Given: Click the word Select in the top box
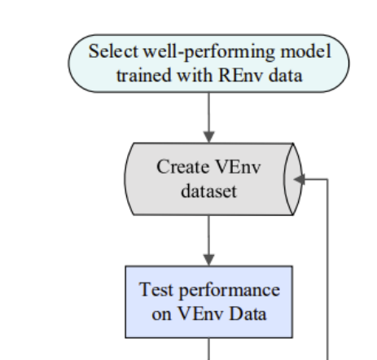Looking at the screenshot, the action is pyautogui.click(x=113, y=51).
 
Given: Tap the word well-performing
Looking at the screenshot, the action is pyautogui.click(x=209, y=52).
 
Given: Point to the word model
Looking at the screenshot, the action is pyautogui.click(x=306, y=51).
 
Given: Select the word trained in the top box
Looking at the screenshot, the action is pyautogui.click(x=144, y=75).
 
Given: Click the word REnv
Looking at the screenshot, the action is pyautogui.click(x=241, y=75).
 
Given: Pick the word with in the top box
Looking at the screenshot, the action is pyautogui.click(x=195, y=75).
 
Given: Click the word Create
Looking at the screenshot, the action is pyautogui.click(x=182, y=167).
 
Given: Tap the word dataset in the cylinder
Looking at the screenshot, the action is pyautogui.click(x=209, y=191).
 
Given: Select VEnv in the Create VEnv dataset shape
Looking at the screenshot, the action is pyautogui.click(x=238, y=167).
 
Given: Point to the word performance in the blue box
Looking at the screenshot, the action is pyautogui.click(x=230, y=291).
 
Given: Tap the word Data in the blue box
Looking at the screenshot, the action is pyautogui.click(x=248, y=314).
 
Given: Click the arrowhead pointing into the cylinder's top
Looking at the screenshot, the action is pyautogui.click(x=209, y=137).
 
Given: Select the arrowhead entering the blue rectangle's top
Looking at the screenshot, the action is pyautogui.click(x=209, y=260).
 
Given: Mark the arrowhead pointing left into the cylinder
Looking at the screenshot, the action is pyautogui.click(x=299, y=179).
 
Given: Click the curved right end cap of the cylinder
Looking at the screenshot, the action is pyautogui.click(x=293, y=179).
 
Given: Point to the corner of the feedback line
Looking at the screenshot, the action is pyautogui.click(x=328, y=179).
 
